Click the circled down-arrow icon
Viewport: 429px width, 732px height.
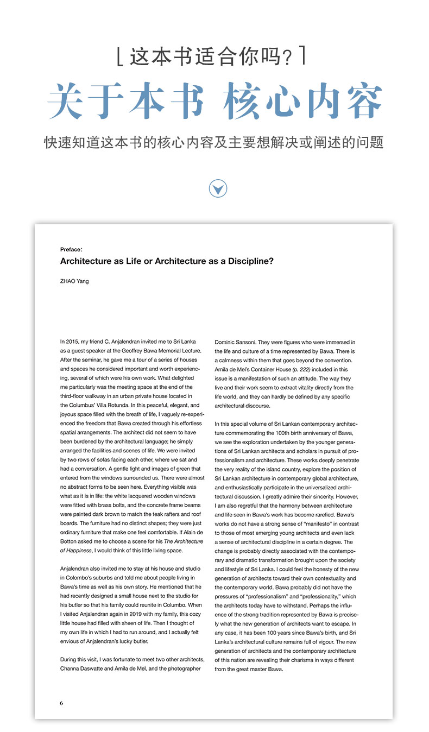pos(218,188)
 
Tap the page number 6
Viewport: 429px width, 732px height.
pos(62,703)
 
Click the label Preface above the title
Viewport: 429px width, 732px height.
pos(71,249)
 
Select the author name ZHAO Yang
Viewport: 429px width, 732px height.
pos(74,281)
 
